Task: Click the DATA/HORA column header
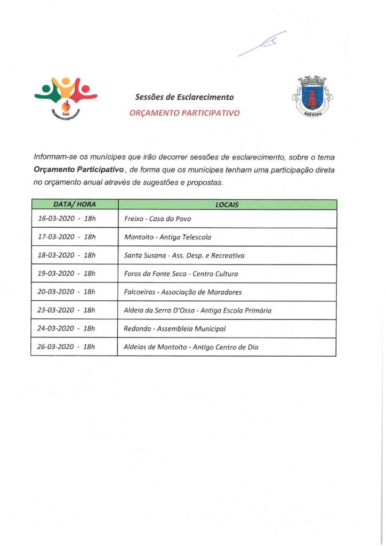coord(74,205)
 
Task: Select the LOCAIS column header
coord(227,205)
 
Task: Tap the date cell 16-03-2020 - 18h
coord(67,219)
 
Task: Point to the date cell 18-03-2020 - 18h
coord(67,255)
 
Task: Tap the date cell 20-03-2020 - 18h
coord(67,292)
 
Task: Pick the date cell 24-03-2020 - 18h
coord(67,328)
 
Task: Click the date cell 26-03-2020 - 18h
coord(67,347)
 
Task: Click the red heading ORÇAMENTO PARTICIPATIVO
coord(184,113)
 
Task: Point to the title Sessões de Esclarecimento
coord(184,98)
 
